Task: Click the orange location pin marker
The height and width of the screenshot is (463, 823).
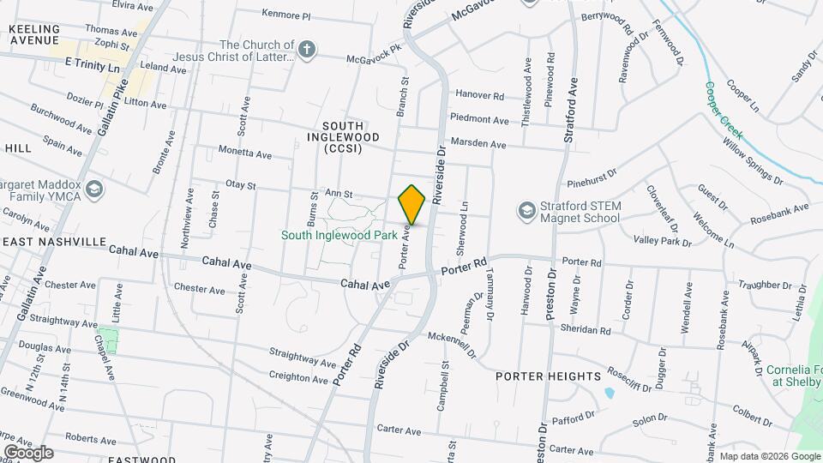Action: (x=411, y=205)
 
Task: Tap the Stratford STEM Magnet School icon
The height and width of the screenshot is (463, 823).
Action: (x=526, y=210)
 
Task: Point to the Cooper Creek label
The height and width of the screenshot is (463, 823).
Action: (x=724, y=110)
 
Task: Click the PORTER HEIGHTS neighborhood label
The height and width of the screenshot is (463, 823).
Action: (x=548, y=376)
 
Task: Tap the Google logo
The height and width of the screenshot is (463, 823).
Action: (x=28, y=452)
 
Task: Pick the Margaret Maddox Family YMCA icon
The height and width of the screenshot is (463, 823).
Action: (x=93, y=189)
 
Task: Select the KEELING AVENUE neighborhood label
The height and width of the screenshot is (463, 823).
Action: (x=34, y=34)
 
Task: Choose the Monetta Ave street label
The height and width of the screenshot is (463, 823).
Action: (x=244, y=153)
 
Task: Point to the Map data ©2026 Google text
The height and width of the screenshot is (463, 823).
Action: (x=770, y=456)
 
